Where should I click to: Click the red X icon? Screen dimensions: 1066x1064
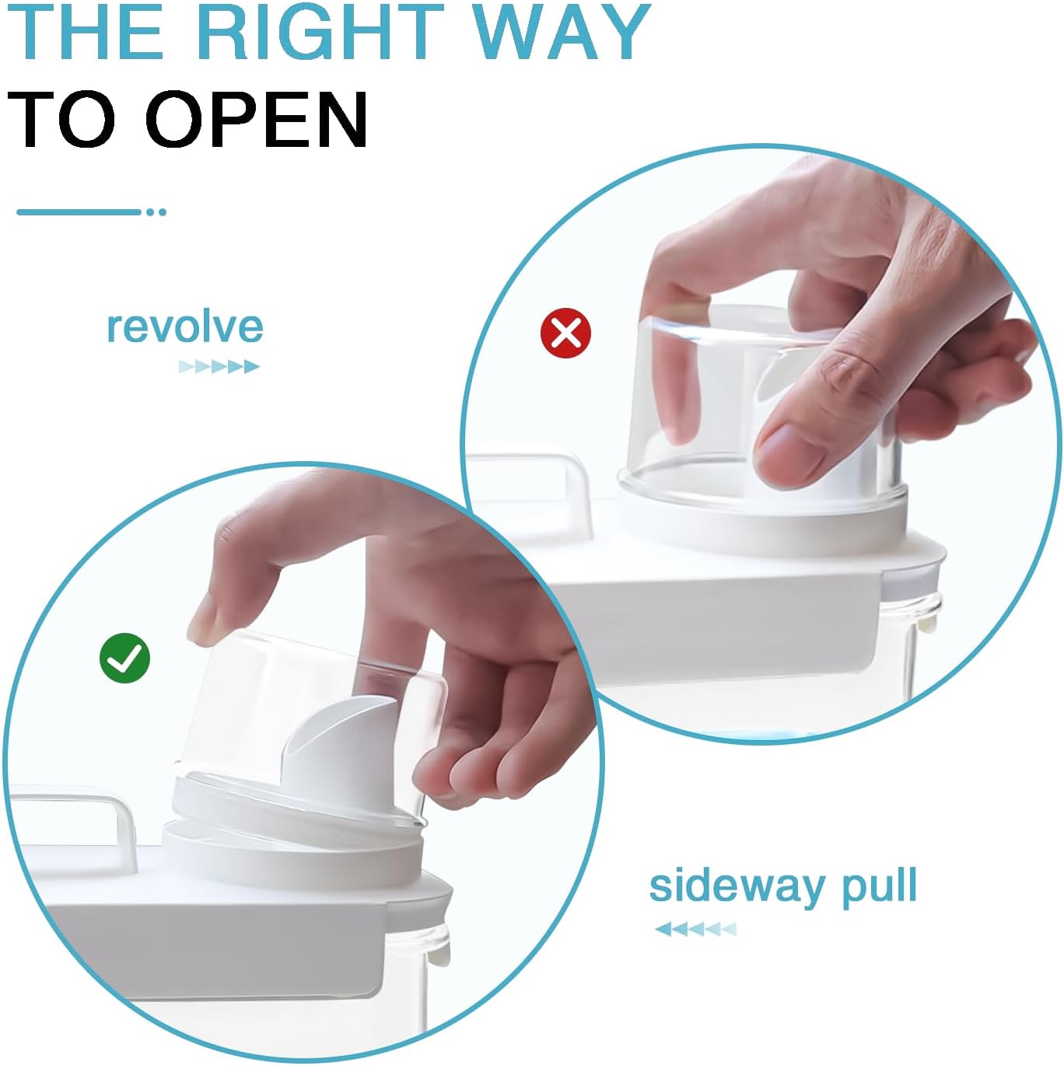tap(565, 334)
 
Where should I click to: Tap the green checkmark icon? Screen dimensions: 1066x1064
tap(124, 659)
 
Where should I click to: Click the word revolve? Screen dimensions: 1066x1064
tap(185, 327)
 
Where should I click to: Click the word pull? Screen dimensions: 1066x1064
tap(880, 886)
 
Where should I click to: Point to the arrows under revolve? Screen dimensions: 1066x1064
tap(219, 366)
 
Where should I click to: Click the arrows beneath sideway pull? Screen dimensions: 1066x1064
tap(695, 928)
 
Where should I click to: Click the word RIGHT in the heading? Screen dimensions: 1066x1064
tap(319, 33)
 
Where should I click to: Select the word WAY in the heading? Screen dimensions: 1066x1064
tap(562, 33)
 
